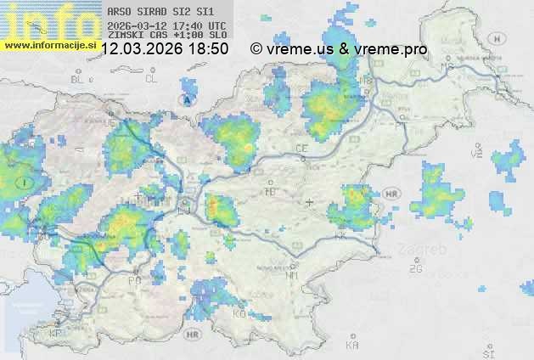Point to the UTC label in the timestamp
216,25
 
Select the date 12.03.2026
142,49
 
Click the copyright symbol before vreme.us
256,49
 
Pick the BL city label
79,79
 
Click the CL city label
151,79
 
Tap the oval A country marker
186,99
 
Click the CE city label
301,149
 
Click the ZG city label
415,269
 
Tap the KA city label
352,345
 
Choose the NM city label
293,275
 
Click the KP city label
57,334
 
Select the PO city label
134,280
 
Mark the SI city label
487,352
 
